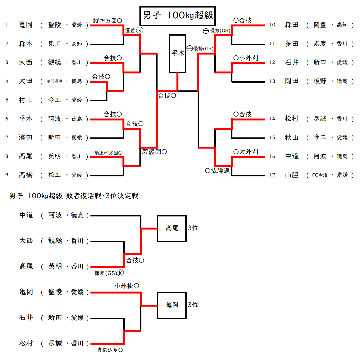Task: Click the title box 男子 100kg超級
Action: [178, 16]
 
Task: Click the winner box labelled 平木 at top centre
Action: [178, 53]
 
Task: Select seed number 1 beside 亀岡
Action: [7, 25]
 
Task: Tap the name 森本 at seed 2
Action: [26, 44]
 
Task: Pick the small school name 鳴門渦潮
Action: [55, 81]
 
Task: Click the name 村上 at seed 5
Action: [26, 100]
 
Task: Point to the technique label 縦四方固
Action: [107, 21]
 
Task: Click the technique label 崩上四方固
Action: [108, 153]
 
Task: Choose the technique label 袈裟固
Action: [154, 152]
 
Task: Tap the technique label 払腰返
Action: [218, 171]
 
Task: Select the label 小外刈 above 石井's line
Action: [246, 58]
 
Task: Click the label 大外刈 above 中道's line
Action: [246, 152]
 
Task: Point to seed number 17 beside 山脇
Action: [272, 175]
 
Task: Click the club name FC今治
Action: [320, 175]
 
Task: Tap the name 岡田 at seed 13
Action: [292, 81]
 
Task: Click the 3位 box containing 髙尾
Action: [172, 228]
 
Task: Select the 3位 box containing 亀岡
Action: [172, 305]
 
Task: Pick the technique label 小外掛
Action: [127, 286]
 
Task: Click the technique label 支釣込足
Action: [110, 350]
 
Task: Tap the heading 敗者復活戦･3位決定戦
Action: [102, 196]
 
